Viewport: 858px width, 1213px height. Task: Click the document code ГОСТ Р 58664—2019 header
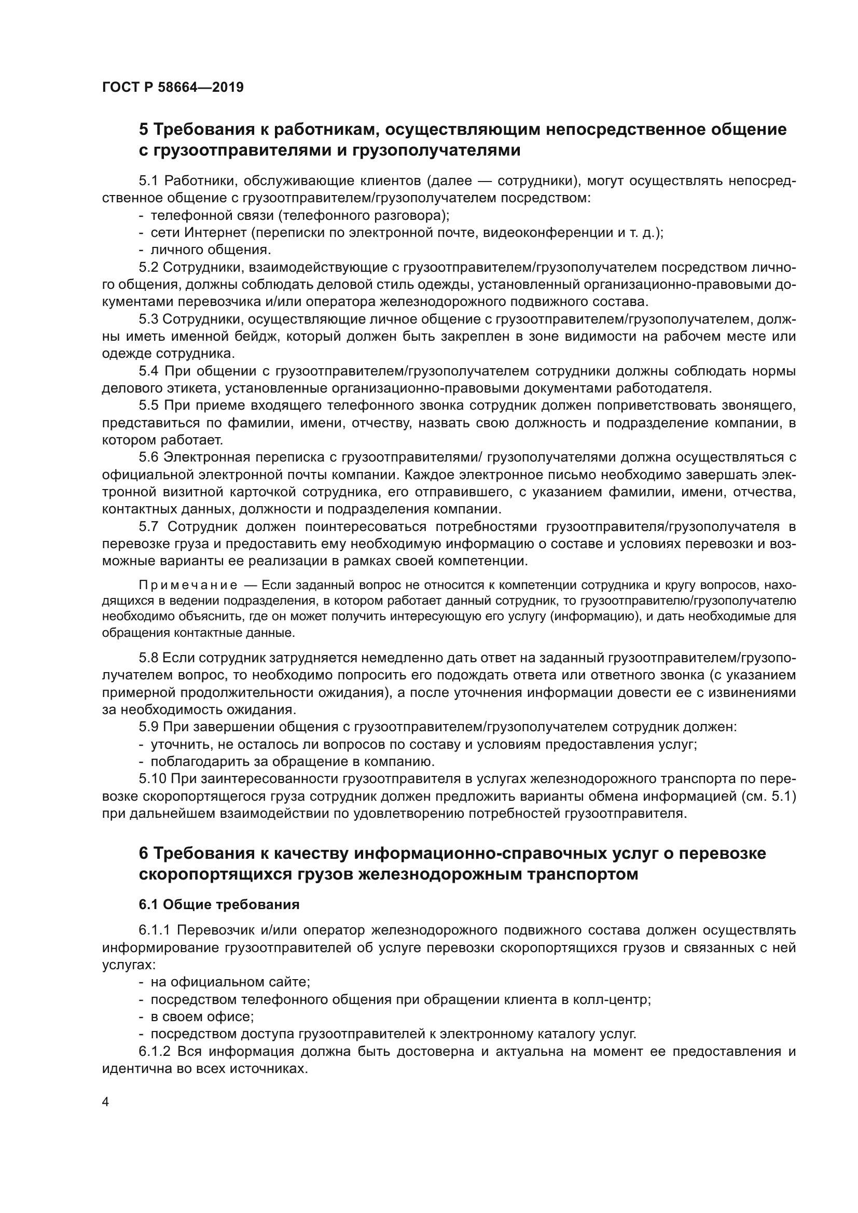[x=173, y=88]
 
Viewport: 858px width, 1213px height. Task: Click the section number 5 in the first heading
[x=144, y=130]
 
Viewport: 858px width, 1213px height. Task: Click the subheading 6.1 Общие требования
[x=219, y=904]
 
